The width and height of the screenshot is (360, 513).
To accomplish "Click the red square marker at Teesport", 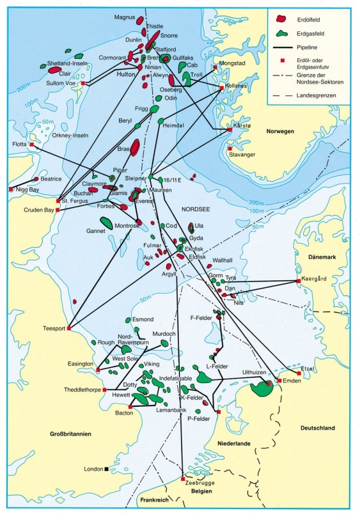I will tap(69, 329).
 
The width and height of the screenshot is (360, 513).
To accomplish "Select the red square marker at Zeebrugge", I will tap(183, 479).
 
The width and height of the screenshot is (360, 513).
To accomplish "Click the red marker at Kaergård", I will tap(298, 281).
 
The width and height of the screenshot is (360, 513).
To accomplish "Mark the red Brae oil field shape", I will tap(135, 148).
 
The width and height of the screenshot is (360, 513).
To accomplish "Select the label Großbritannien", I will tap(70, 434).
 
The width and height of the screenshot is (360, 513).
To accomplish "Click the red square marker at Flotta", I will tap(31, 145).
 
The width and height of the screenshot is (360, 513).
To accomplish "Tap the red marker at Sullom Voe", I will tap(82, 83).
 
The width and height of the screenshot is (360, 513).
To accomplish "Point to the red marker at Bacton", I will tap(130, 406).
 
